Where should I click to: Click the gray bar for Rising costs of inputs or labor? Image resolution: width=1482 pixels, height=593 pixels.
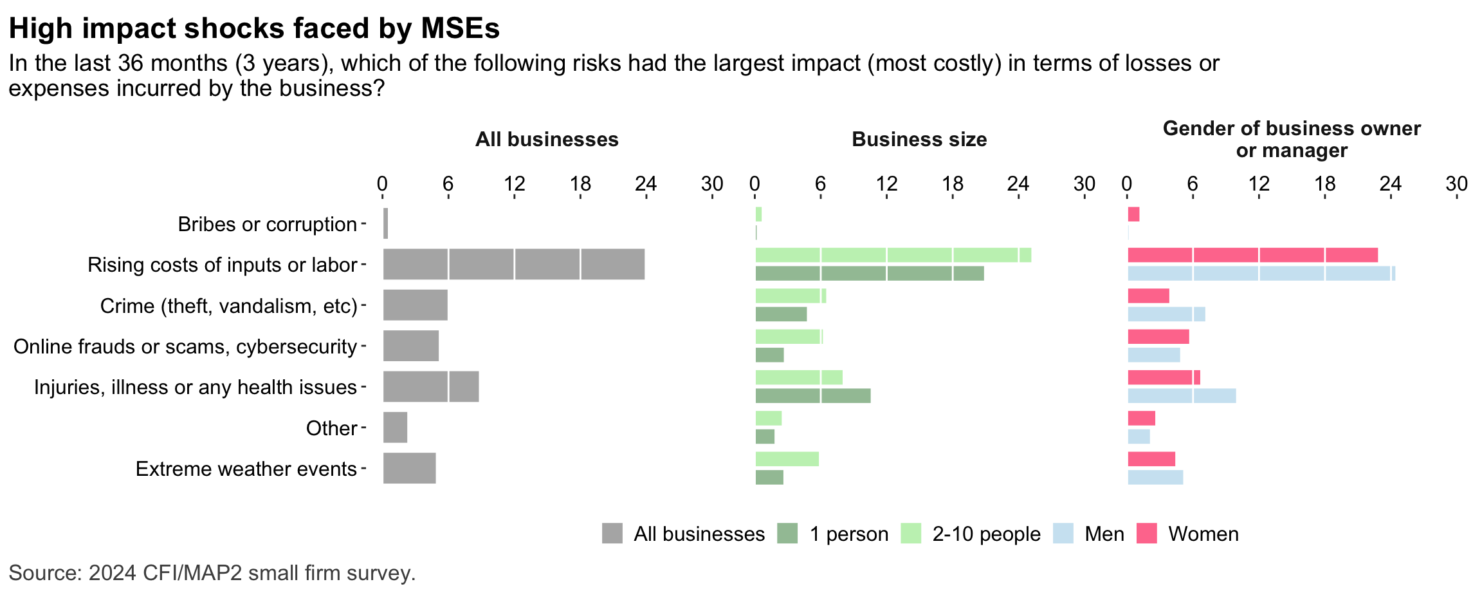513,264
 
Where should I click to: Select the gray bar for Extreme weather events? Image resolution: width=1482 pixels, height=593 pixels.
409,468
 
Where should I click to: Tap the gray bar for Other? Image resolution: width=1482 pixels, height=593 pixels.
395,428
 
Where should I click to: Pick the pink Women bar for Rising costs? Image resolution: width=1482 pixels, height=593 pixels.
1252,255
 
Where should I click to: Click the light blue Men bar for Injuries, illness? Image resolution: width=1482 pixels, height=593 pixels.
1181,396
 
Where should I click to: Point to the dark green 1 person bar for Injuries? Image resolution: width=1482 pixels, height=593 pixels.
812,396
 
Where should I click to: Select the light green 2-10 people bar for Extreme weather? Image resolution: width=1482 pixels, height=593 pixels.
787,459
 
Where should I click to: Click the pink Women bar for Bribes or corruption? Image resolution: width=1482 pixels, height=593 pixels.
1133,214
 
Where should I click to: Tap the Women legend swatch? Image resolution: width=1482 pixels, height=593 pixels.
1146,534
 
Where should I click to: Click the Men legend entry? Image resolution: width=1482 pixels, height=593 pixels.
1104,534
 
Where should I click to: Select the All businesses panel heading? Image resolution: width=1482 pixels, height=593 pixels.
547,140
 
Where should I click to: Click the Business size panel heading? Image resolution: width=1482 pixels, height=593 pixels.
919,140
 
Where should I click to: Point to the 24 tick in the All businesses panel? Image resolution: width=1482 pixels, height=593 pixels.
645,184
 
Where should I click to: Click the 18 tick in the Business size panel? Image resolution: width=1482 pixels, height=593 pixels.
953,184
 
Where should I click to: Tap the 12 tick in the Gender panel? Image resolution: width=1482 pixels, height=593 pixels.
1259,184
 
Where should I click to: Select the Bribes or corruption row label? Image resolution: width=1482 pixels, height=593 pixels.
267,224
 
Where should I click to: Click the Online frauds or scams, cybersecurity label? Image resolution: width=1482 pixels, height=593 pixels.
185,346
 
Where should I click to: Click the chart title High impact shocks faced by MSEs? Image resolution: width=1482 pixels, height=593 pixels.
254,29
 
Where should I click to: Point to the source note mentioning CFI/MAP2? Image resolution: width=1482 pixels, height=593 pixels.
212,573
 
